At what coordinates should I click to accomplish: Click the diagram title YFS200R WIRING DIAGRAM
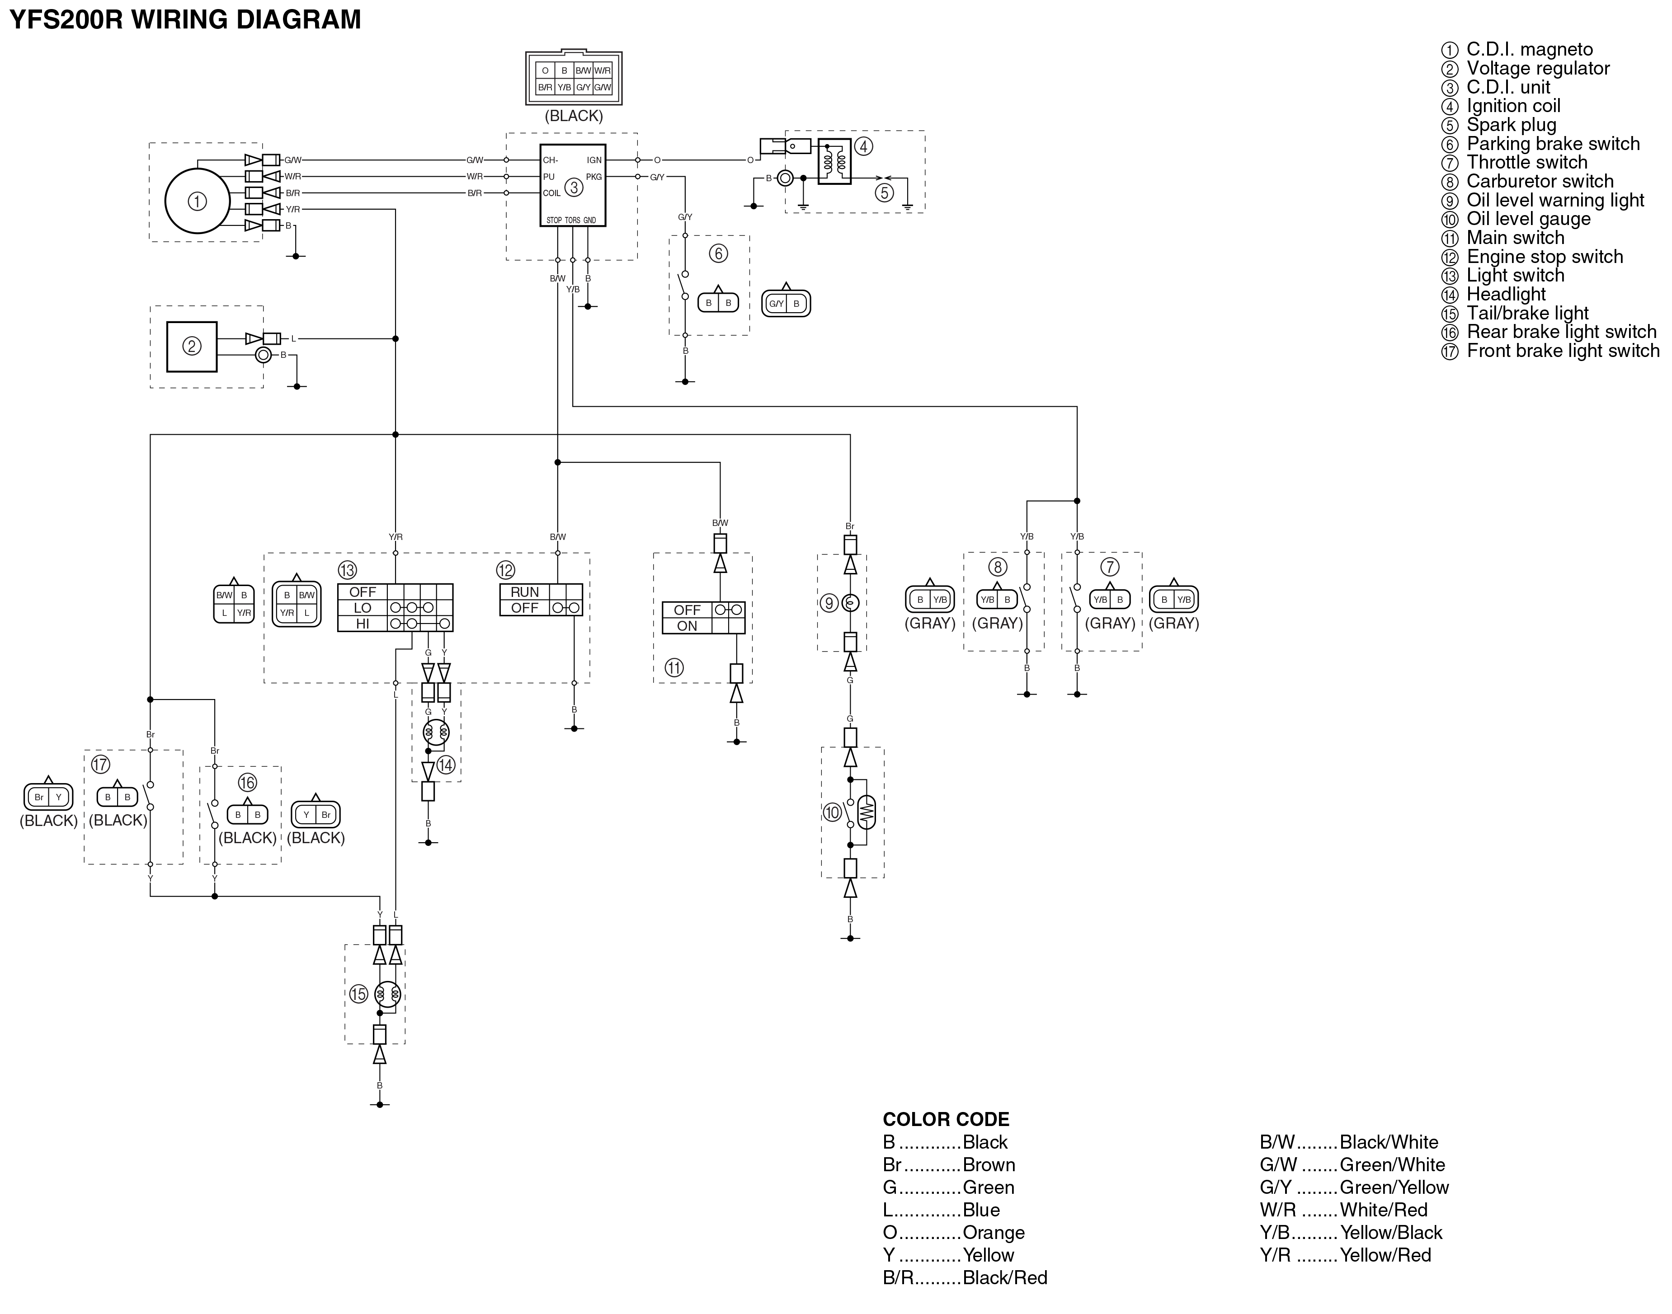click(185, 19)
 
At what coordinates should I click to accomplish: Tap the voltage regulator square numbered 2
click(192, 346)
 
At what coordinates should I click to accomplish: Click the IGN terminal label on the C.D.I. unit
click(594, 160)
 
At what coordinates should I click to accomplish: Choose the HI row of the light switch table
click(395, 623)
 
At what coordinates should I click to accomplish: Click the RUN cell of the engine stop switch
click(525, 591)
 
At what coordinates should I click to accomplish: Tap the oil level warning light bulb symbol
click(850, 603)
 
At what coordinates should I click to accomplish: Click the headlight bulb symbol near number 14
click(436, 732)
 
